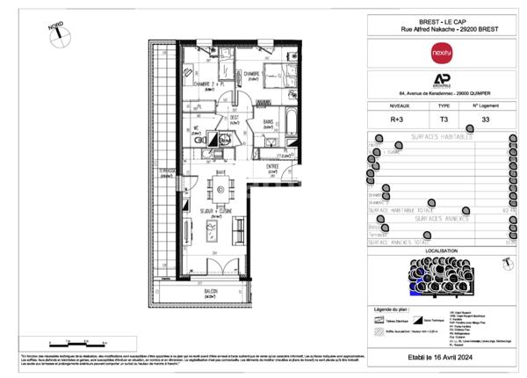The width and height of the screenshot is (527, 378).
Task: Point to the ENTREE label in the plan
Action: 274,166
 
